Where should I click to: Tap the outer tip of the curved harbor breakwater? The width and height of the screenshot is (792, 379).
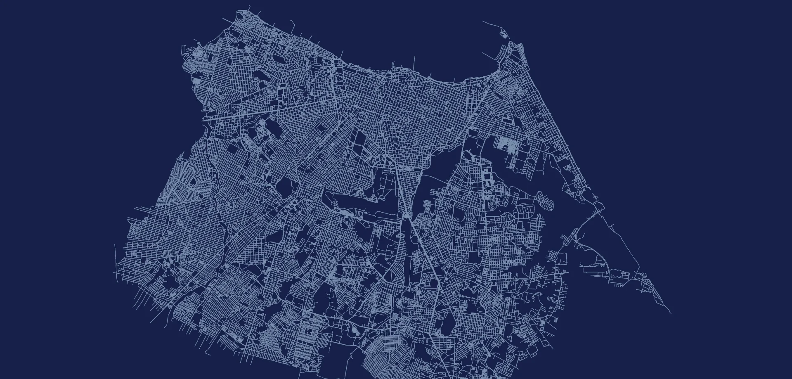(483, 22)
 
